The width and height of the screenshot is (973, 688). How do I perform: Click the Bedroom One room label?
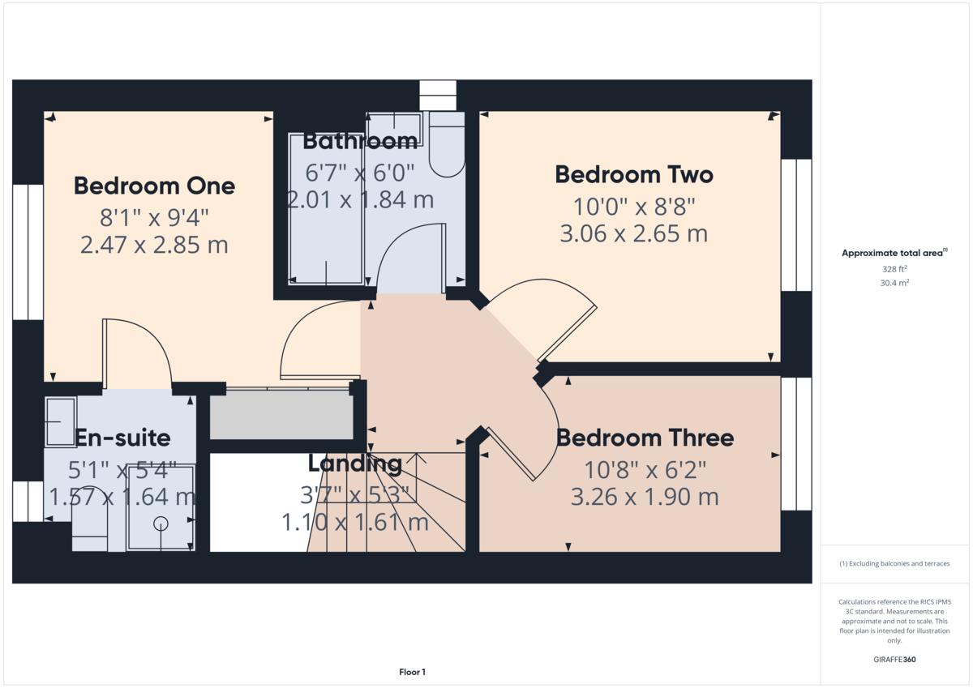click(x=154, y=186)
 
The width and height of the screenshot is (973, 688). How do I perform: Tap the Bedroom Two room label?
click(x=634, y=174)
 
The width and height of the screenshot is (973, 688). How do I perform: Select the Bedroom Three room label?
click(x=645, y=438)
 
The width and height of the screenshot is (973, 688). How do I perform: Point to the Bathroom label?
click(x=360, y=142)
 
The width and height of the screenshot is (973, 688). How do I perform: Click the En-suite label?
click(x=122, y=438)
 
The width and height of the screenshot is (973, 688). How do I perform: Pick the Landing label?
click(x=355, y=464)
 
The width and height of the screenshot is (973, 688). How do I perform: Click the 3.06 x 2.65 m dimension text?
click(x=634, y=233)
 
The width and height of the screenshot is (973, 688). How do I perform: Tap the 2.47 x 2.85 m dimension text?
click(x=154, y=245)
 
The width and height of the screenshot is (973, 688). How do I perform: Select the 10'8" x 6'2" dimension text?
click(x=645, y=470)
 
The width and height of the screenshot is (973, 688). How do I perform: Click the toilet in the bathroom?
click(x=447, y=144)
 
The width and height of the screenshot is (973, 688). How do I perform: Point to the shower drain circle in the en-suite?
click(x=161, y=523)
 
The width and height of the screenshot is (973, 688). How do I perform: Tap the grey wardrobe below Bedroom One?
click(x=281, y=415)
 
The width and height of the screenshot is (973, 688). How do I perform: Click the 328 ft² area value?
click(x=894, y=269)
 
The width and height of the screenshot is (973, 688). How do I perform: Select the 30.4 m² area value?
click(x=894, y=283)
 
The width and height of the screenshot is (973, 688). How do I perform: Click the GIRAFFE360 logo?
click(x=894, y=660)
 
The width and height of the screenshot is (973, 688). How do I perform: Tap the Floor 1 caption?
click(x=412, y=672)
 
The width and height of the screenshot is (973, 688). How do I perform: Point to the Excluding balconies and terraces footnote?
click(x=894, y=563)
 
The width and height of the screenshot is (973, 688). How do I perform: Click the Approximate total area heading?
click(x=894, y=253)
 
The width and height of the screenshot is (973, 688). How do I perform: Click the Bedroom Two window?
click(x=796, y=224)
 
